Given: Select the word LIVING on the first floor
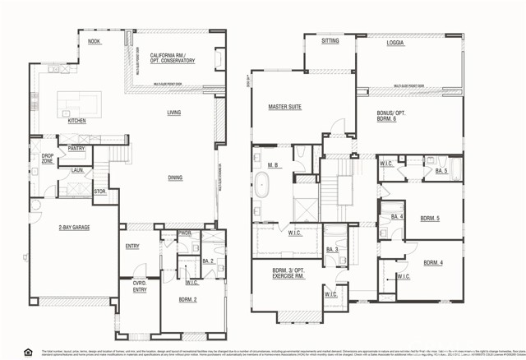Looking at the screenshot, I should (174, 113).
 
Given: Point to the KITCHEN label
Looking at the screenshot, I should (76, 121).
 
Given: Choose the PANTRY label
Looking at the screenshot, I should (77, 149).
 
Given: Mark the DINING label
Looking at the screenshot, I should (175, 177).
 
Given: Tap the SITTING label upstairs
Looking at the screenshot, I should (330, 40).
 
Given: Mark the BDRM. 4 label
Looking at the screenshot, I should (433, 263).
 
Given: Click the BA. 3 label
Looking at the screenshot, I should (332, 249).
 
